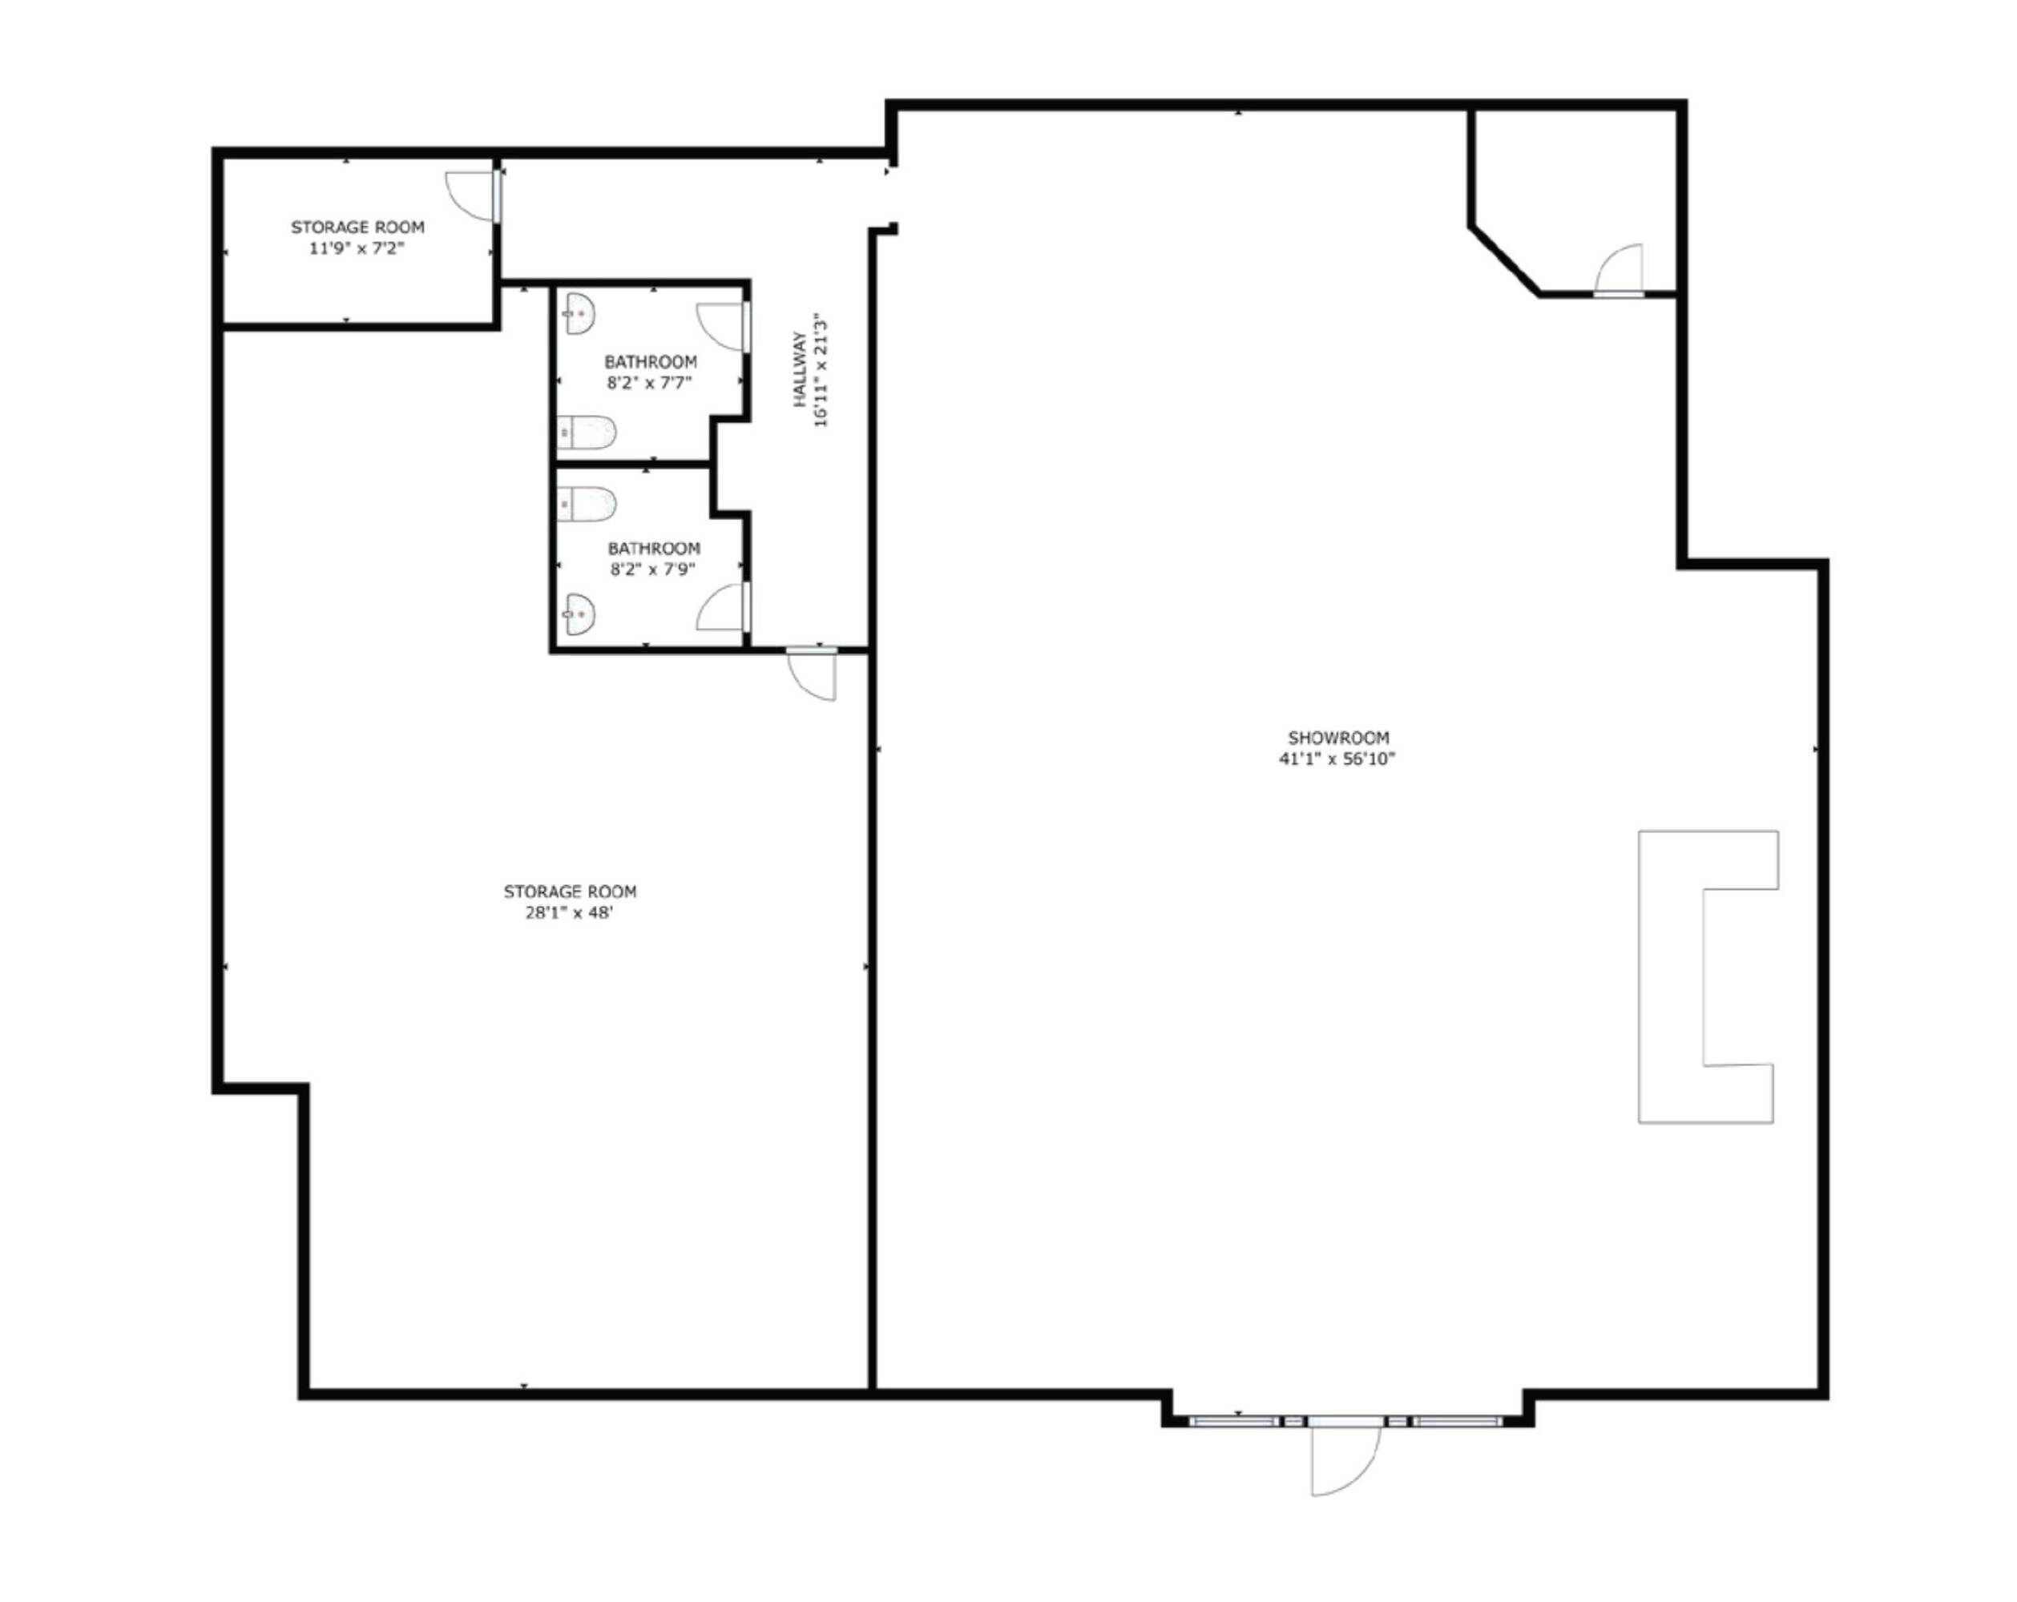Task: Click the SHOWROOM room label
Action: pyautogui.click(x=1337, y=738)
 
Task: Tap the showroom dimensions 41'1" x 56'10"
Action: pyautogui.click(x=1337, y=759)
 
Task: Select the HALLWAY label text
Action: pyautogui.click(x=801, y=368)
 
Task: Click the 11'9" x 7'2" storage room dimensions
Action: pyautogui.click(x=357, y=249)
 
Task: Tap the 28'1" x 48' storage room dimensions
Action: pyautogui.click(x=569, y=913)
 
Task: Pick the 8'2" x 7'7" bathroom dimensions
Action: pyautogui.click(x=649, y=383)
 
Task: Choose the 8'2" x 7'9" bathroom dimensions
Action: pyautogui.click(x=653, y=570)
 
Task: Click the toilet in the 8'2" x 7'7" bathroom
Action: pyautogui.click(x=587, y=433)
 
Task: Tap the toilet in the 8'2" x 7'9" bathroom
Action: pyautogui.click(x=587, y=504)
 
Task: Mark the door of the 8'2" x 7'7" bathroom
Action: pyautogui.click(x=723, y=328)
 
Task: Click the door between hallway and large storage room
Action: pyautogui.click(x=812, y=674)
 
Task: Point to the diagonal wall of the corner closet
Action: pyautogui.click(x=1505, y=260)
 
